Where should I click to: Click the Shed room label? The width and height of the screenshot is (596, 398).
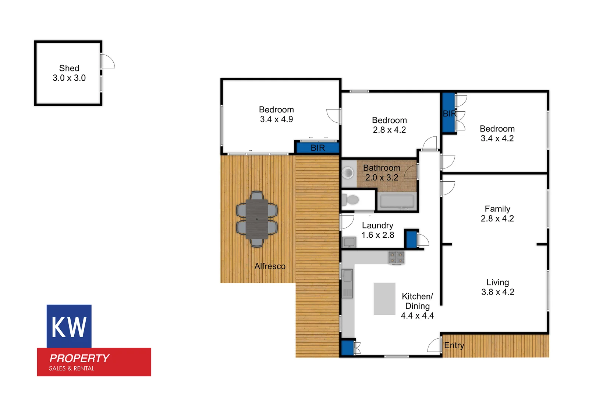coord(69,68)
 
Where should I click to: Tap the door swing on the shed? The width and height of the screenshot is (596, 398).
coord(108,61)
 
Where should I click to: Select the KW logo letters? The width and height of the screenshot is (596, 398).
coord(69,327)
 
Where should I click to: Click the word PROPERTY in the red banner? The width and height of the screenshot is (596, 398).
coord(79,358)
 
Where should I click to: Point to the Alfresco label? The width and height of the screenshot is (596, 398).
coord(270,266)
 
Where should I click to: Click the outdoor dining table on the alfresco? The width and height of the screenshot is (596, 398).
coord(257,219)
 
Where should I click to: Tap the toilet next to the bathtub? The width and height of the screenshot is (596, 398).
coord(351,200)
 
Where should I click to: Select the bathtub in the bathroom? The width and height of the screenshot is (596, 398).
coord(397,201)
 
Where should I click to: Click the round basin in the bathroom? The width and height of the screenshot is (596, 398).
coord(347,172)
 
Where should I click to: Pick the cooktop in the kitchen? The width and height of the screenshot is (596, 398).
coord(396,257)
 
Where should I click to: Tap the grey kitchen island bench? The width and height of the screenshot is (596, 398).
coord(384,298)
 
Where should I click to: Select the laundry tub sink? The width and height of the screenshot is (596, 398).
coord(349,242)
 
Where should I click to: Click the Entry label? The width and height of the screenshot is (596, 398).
coord(454,345)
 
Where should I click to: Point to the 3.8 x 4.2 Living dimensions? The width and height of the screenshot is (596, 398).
coord(498,292)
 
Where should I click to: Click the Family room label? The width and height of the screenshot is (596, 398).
coord(497,209)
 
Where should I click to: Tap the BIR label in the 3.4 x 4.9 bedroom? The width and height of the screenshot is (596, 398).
coord(318,148)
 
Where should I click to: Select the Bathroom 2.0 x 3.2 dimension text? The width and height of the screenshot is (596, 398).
coord(382,177)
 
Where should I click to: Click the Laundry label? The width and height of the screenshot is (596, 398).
coord(377,226)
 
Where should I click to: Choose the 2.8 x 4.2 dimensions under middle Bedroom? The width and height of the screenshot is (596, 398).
coord(389,130)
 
